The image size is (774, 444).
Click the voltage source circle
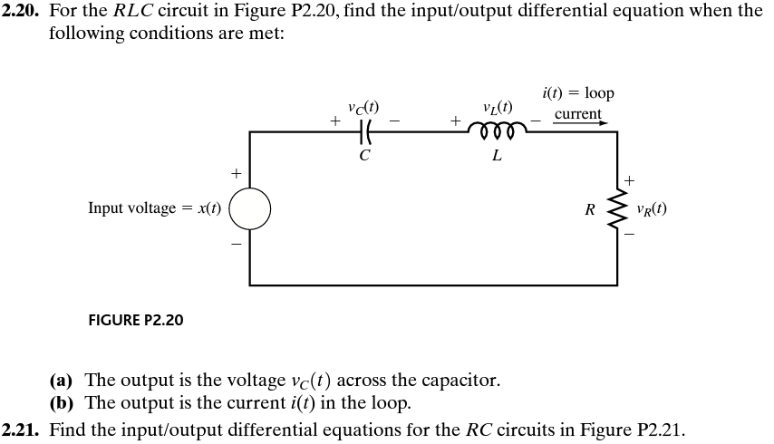click(249, 208)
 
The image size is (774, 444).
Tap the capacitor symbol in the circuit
click(364, 132)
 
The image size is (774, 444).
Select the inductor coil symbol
click(496, 131)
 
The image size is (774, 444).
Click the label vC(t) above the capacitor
click(363, 105)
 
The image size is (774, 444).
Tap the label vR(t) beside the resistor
click(652, 208)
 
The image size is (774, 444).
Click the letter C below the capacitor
click(364, 155)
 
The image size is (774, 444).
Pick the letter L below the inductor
click(496, 155)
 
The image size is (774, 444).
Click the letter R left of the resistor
click(590, 210)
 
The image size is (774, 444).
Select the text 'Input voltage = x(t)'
click(154, 208)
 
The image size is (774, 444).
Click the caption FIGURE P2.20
click(135, 321)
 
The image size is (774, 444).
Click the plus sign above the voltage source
click(237, 171)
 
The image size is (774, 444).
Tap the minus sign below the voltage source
click(237, 244)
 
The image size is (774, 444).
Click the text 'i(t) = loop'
click(577, 93)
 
